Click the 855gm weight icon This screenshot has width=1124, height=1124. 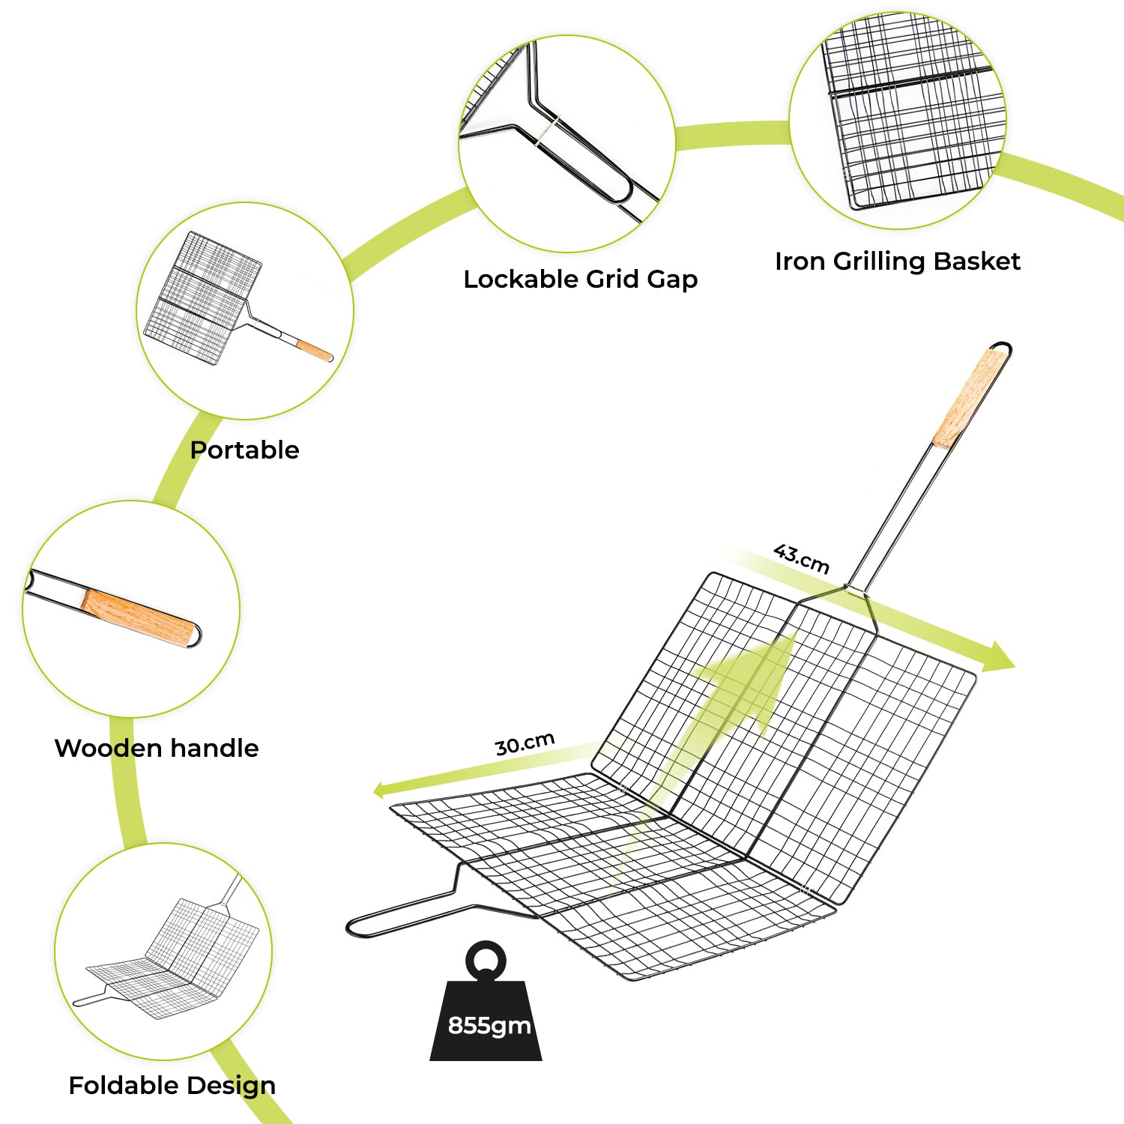(486, 1004)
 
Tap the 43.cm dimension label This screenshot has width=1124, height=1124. (802, 558)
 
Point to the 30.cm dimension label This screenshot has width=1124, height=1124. (525, 743)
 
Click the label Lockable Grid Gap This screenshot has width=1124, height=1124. (581, 280)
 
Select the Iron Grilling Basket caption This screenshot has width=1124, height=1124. (898, 262)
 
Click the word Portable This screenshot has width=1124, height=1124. (244, 450)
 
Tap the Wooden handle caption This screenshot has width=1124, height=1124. (157, 748)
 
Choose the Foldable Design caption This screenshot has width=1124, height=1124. (172, 1085)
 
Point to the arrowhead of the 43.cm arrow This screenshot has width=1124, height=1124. (998, 658)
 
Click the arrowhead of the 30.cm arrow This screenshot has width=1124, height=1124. (381, 790)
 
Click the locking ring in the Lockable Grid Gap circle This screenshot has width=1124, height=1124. (548, 130)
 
